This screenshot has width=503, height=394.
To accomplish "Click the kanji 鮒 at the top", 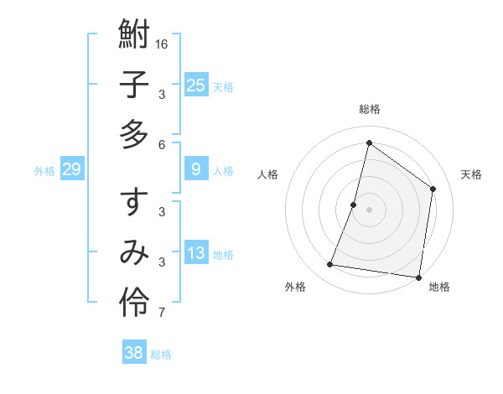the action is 134,36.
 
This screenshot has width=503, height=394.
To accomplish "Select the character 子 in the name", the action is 134,85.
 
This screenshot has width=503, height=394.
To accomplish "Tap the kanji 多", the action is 134,133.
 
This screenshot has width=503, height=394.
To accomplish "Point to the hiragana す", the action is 134,203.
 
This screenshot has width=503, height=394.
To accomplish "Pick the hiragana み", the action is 134,252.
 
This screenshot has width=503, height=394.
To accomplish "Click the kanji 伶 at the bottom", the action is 134,301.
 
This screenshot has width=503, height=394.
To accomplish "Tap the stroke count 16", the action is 163,44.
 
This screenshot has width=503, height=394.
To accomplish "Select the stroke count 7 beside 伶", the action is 162,314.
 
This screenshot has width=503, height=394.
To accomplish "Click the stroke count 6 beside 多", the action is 162,144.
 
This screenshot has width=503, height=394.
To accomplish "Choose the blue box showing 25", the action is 196,86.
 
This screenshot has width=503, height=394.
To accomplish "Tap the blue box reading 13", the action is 196,254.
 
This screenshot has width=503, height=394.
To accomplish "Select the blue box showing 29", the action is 71,170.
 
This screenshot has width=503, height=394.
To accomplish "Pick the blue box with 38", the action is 134,353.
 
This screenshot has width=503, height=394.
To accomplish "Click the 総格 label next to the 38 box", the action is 162,355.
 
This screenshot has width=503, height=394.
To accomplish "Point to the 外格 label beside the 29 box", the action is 44,171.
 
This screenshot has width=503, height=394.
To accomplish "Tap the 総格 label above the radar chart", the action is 370,109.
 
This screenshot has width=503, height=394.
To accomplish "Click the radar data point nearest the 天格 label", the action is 433,189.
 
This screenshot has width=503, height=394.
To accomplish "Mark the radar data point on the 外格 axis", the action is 330,265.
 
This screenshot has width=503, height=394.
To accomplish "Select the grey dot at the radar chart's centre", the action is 370,210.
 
